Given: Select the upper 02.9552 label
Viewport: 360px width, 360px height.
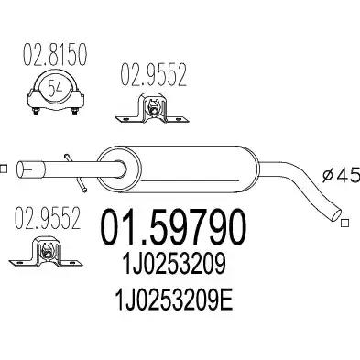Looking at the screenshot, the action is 153,75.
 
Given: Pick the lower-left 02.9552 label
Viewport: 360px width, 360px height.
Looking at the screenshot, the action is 48,218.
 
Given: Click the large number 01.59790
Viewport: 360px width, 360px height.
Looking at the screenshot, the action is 173,227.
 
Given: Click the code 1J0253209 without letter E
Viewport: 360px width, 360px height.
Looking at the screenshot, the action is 174,265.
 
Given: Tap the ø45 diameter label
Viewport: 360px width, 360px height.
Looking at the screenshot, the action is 342,175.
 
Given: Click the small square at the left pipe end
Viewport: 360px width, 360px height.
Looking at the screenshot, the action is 3,169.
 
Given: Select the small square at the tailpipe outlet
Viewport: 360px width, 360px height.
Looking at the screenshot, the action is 345,224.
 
